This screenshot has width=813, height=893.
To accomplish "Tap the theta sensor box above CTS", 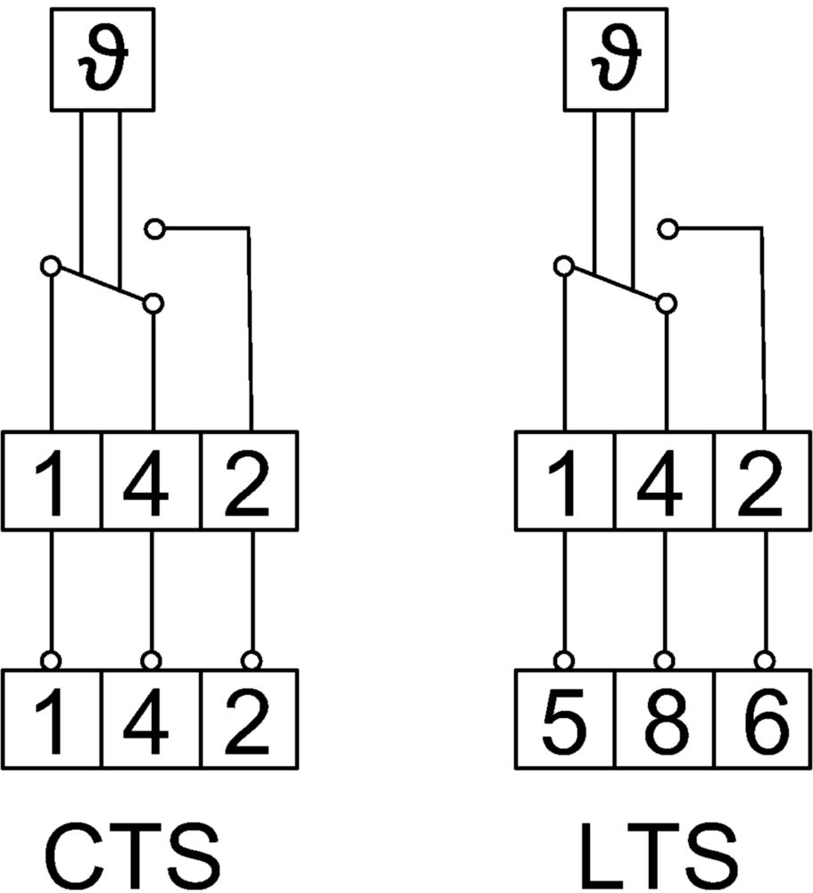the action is (x=103, y=59).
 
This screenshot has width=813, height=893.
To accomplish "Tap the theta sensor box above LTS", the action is (x=616, y=59).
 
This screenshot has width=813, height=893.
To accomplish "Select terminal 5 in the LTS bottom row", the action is (x=565, y=719).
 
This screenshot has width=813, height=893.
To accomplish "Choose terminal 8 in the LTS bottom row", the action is (x=664, y=719).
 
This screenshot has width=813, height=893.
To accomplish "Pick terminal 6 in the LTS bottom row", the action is (x=763, y=719).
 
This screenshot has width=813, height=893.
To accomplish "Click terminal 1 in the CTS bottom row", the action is (x=52, y=719).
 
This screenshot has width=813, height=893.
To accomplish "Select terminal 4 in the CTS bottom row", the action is (x=152, y=719).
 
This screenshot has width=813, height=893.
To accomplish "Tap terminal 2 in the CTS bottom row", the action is (x=250, y=719).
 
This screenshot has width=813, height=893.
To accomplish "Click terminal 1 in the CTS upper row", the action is (x=52, y=481).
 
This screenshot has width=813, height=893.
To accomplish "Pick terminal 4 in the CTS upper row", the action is (x=152, y=481).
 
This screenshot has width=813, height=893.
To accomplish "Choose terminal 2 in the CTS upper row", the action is (x=250, y=481).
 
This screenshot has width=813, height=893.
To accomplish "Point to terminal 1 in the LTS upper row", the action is (x=565, y=481).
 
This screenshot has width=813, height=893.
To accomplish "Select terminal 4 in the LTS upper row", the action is (x=664, y=481).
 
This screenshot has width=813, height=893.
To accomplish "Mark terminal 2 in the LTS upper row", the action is (x=763, y=481).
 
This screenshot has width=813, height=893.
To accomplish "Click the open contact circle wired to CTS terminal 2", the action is (x=154, y=230).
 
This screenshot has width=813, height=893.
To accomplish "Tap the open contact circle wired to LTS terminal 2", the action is (x=668, y=230).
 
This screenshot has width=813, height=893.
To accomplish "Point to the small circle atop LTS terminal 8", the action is (x=663, y=661).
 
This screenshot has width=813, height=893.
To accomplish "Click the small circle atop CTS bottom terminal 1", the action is (x=51, y=661).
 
